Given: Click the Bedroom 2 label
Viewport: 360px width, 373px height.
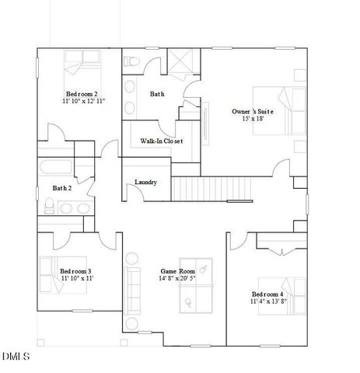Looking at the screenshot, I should tap(82, 93).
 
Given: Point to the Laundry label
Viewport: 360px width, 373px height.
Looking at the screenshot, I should tap(146, 183).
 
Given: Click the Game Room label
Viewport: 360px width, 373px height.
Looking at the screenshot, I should tap(177, 271).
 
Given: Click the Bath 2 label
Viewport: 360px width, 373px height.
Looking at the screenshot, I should tap(62, 188).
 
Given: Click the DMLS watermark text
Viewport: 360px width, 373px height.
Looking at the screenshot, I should tap(15, 357).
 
